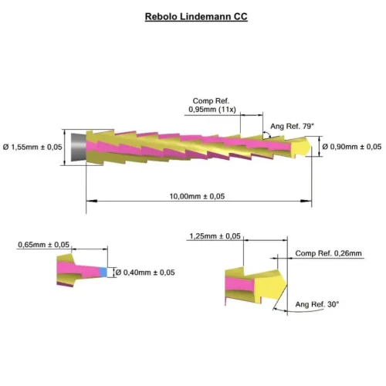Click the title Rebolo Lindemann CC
pyautogui.click(x=196, y=16)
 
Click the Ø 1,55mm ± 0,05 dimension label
pyautogui.click(x=32, y=147)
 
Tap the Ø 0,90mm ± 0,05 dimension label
pyautogui.click(x=352, y=147)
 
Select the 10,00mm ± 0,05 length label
pyautogui.click(x=197, y=196)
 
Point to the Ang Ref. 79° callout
pyautogui.click(x=292, y=126)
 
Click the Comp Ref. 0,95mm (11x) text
pyautogui.click(x=212, y=105)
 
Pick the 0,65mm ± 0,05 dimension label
pyautogui.click(x=43, y=245)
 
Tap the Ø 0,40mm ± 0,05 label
pyautogui.click(x=145, y=273)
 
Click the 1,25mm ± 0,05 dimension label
pyautogui.click(x=215, y=236)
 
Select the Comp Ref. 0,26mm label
pyautogui.click(x=328, y=253)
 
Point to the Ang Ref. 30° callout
pyautogui.click(x=317, y=304)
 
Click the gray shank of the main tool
pyautogui.click(x=79, y=147)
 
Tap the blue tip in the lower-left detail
pyautogui.click(x=103, y=272)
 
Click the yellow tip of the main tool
pyautogui.click(x=300, y=147)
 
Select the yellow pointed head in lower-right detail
pyautogui.click(x=270, y=285)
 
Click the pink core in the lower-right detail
pyautogui.click(x=240, y=284)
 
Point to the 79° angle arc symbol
pyautogui.click(x=268, y=134)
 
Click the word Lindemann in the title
pyautogui.click(x=205, y=16)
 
